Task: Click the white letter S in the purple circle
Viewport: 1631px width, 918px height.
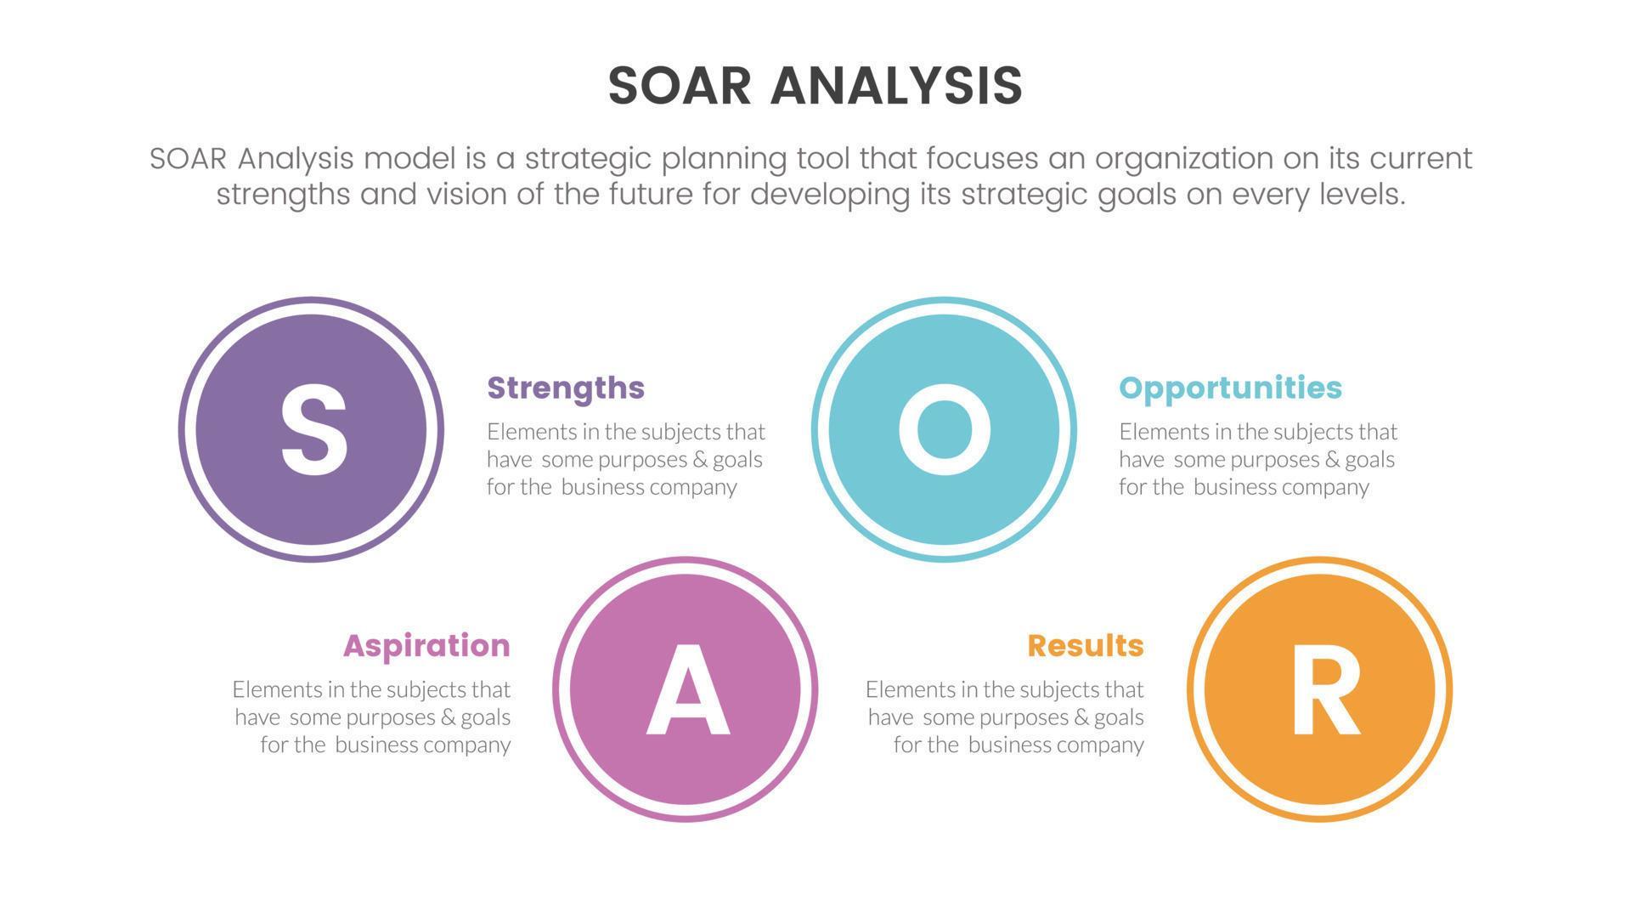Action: point(313,429)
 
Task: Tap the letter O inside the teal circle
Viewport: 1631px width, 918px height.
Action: point(944,429)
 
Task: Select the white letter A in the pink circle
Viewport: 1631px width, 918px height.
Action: point(686,689)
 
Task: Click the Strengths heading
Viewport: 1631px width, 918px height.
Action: point(566,388)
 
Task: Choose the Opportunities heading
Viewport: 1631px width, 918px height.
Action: point(1230,388)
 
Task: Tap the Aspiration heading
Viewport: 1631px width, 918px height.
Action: point(426,645)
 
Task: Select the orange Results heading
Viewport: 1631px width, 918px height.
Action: point(1085,645)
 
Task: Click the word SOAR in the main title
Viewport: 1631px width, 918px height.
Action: point(680,86)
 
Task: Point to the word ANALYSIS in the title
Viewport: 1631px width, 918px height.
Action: point(896,86)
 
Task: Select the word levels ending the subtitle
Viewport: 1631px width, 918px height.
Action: point(1361,195)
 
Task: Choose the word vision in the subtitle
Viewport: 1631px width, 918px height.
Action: point(466,195)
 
